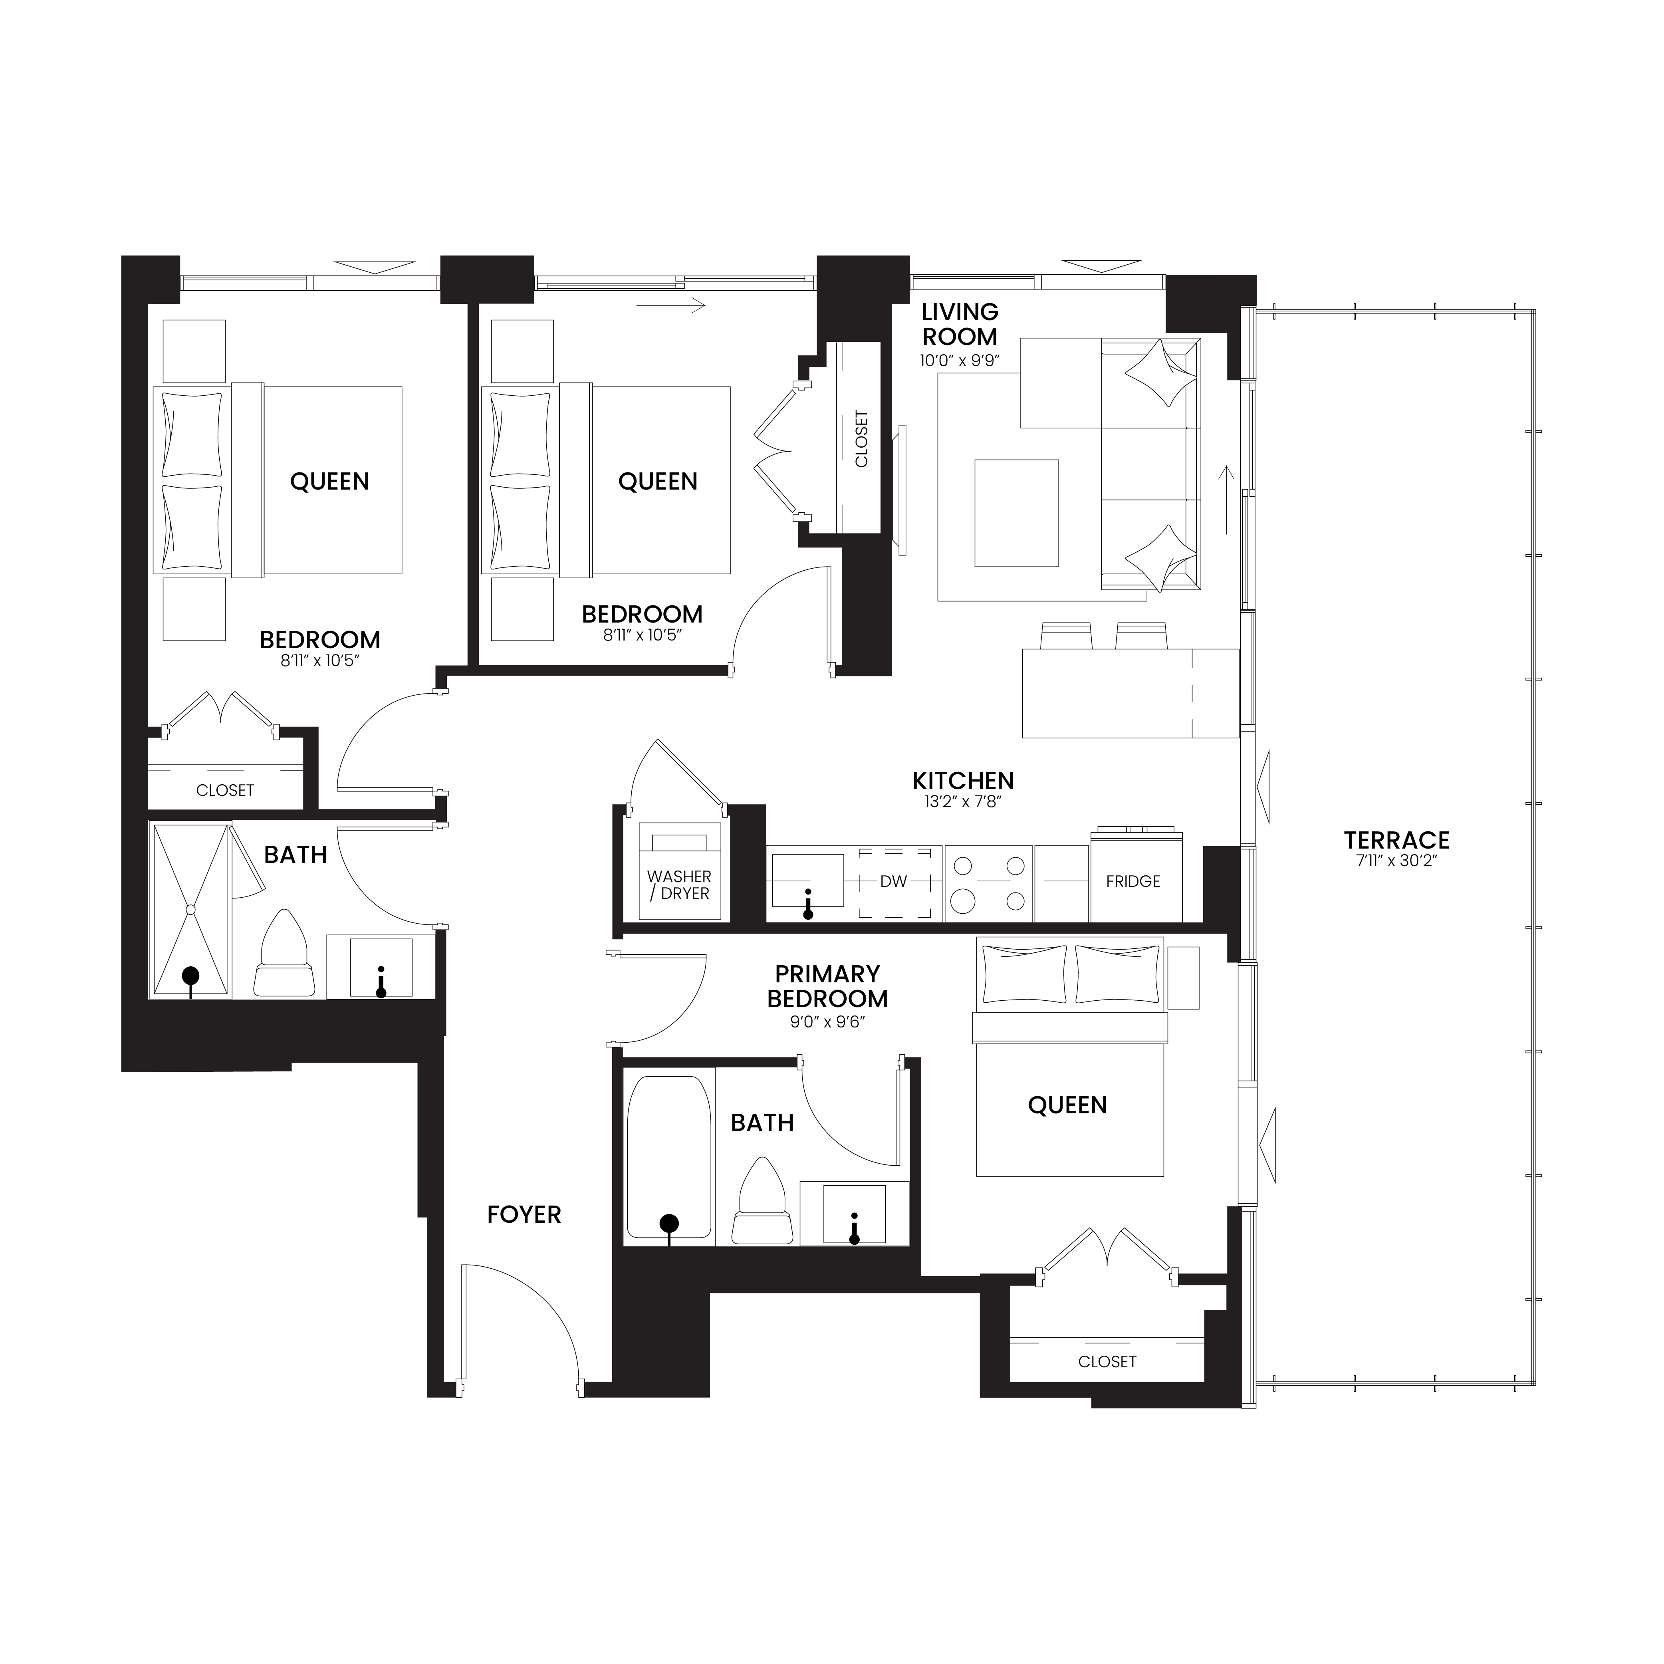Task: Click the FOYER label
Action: [524, 1214]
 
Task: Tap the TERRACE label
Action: [1396, 840]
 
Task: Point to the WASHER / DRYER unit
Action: [680, 871]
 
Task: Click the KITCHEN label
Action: [963, 780]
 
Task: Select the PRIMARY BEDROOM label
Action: [827, 986]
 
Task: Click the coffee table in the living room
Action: [1016, 513]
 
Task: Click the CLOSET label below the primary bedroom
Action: [1107, 1362]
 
